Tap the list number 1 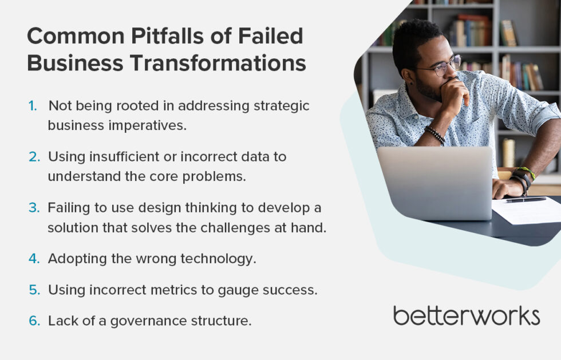pos(32,106)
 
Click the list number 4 pos(34,259)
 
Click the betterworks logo pos(466,315)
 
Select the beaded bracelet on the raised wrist pos(435,134)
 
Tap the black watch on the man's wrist pos(522,178)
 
